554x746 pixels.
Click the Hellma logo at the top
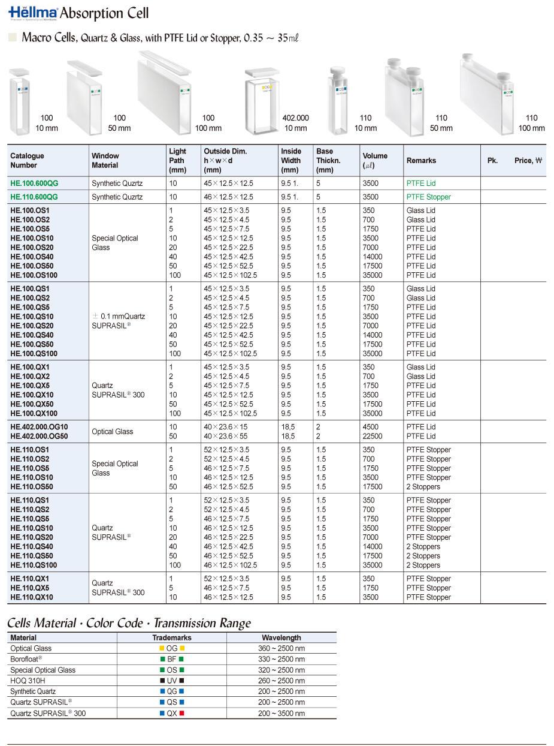click(x=34, y=13)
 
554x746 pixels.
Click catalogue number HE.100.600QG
click(x=34, y=183)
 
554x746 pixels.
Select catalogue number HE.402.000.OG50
click(x=38, y=436)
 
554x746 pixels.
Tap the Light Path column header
click(x=178, y=160)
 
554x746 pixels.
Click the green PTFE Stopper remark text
click(x=428, y=197)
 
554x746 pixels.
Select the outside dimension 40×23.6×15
click(x=225, y=427)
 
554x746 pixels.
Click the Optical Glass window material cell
click(x=113, y=432)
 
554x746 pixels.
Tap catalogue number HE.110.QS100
click(x=34, y=565)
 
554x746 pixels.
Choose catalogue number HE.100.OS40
click(x=32, y=257)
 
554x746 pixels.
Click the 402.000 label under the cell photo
click(x=296, y=118)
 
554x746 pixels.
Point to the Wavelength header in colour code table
click(x=281, y=637)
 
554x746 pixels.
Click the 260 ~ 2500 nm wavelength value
click(x=281, y=681)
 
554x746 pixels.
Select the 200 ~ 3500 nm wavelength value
click(x=281, y=713)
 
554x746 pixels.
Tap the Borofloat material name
click(x=26, y=659)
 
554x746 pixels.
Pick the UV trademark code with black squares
click(x=172, y=681)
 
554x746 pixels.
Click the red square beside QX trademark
click(x=182, y=713)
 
